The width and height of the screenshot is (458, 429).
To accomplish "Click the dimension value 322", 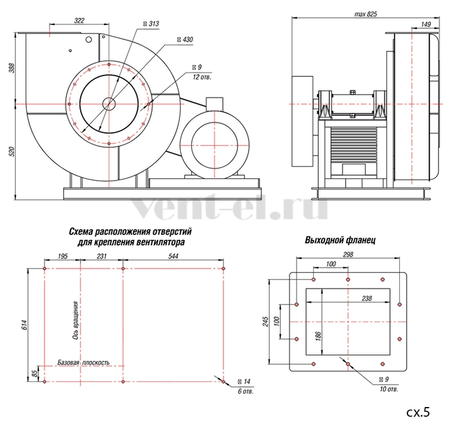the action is coord(79,20).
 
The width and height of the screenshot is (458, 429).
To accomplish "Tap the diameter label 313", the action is coord(154,24).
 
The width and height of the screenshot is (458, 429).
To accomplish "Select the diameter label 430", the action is coord(187,40).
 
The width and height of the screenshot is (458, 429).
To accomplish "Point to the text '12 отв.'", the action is coord(202,77).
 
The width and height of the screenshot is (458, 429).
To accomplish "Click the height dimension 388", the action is coord(12,68).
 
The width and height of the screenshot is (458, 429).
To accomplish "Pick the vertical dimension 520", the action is coord(12,152).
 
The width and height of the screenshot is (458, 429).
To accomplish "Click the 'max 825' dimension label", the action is coord(365,14).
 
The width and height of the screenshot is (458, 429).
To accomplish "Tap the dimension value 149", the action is coord(426,24).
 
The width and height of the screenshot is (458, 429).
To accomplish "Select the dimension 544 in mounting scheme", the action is coord(173,256).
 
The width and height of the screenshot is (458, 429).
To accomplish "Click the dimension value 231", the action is coord(101,256).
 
